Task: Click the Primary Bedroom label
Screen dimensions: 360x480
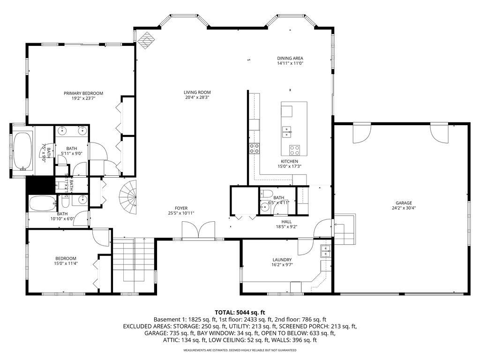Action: (x=83, y=93)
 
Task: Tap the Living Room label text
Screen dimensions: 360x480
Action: (x=197, y=92)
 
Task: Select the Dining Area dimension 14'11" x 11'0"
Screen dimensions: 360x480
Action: (x=290, y=63)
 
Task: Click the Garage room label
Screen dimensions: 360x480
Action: (x=402, y=203)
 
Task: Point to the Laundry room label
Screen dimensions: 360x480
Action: (x=282, y=260)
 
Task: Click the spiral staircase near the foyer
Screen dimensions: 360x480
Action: (x=127, y=196)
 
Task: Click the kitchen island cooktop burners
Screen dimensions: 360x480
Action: (x=294, y=150)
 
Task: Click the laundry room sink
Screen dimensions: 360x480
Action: (x=326, y=252)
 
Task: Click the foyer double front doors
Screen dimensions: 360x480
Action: (x=199, y=231)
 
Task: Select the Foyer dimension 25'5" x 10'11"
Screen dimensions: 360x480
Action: (x=181, y=213)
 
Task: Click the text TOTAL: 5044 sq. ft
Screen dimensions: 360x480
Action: (x=240, y=312)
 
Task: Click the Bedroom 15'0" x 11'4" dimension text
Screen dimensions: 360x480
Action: (x=66, y=264)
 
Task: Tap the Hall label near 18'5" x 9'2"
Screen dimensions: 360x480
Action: (x=286, y=222)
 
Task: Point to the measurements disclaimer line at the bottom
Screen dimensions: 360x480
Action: (x=240, y=350)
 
